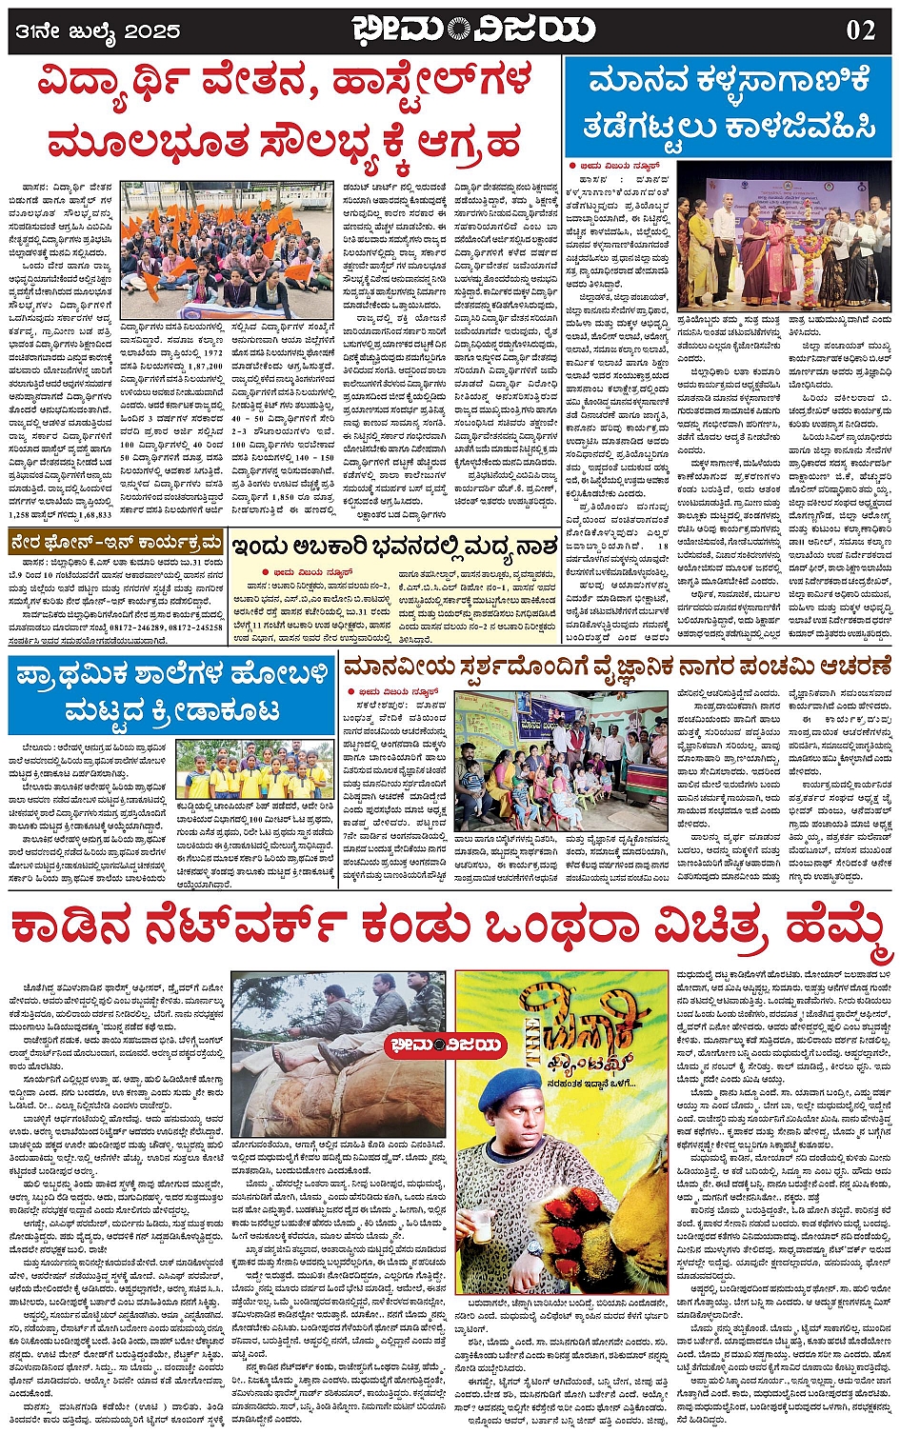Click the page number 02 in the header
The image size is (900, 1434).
pos(860,30)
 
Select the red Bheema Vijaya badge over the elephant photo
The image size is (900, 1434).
pos(444,1045)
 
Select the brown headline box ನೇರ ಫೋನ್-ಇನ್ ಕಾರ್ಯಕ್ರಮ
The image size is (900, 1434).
pos(114,544)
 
